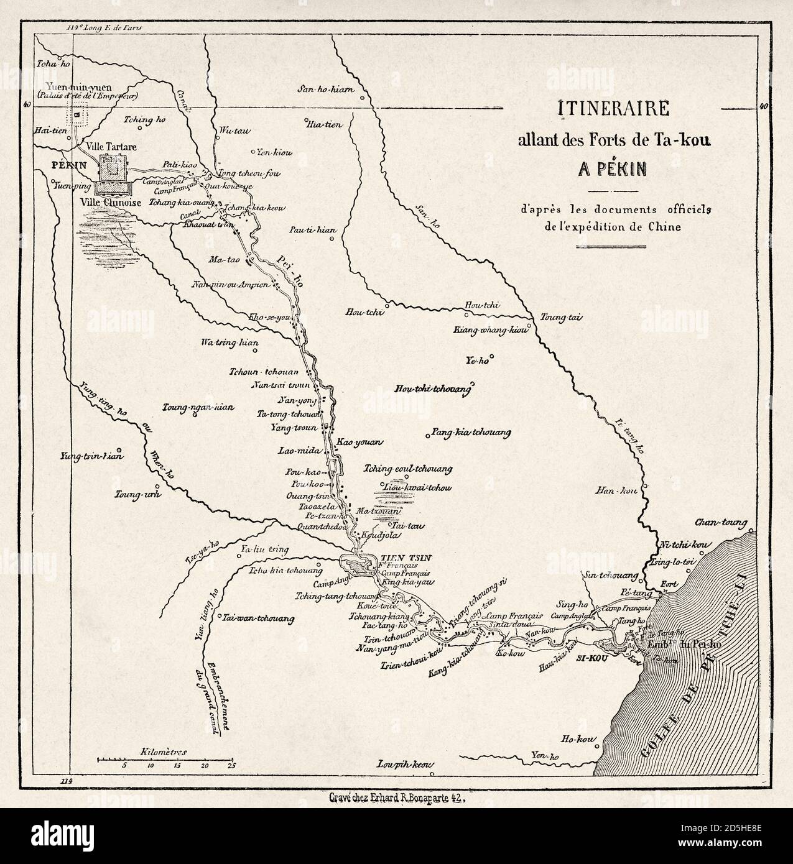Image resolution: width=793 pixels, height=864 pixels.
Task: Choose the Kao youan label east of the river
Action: (x=359, y=442)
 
